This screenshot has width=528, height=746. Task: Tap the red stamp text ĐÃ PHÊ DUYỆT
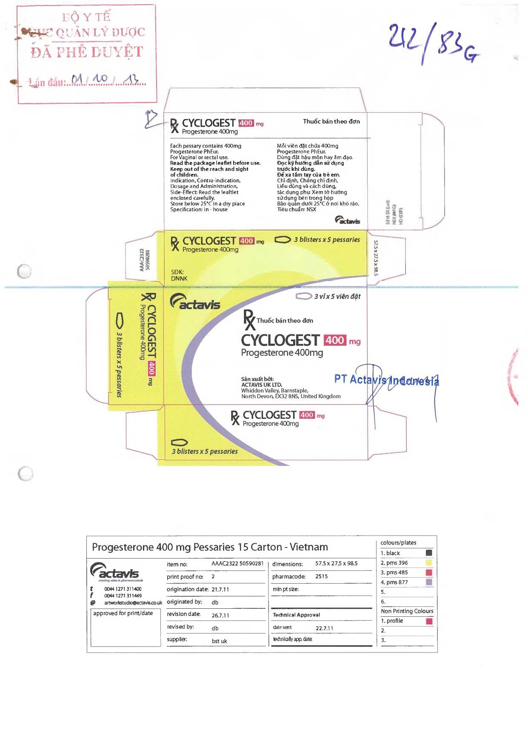(x=87, y=52)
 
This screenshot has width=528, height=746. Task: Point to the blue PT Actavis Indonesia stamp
(x=386, y=380)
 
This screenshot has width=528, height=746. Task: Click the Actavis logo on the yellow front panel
(x=195, y=302)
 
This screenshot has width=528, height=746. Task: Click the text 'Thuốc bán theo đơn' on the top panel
(x=331, y=122)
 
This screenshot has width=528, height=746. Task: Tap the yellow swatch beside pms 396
(x=429, y=563)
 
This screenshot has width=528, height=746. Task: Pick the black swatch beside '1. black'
(x=429, y=553)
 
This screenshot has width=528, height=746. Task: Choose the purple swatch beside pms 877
(x=429, y=582)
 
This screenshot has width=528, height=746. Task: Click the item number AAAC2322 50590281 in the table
(x=237, y=564)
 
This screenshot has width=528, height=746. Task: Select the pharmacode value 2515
(x=321, y=577)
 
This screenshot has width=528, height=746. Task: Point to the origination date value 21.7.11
(x=220, y=590)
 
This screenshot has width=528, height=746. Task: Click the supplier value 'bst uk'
(x=219, y=641)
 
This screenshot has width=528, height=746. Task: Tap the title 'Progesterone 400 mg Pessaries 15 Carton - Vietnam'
(x=210, y=547)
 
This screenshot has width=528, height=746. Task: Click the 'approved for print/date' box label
(x=123, y=613)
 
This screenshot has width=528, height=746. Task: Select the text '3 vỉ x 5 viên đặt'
(x=337, y=296)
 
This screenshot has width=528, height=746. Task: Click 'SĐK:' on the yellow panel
(x=177, y=272)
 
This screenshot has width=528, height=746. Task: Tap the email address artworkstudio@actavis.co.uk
(x=133, y=603)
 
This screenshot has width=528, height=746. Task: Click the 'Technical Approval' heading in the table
(x=296, y=615)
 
